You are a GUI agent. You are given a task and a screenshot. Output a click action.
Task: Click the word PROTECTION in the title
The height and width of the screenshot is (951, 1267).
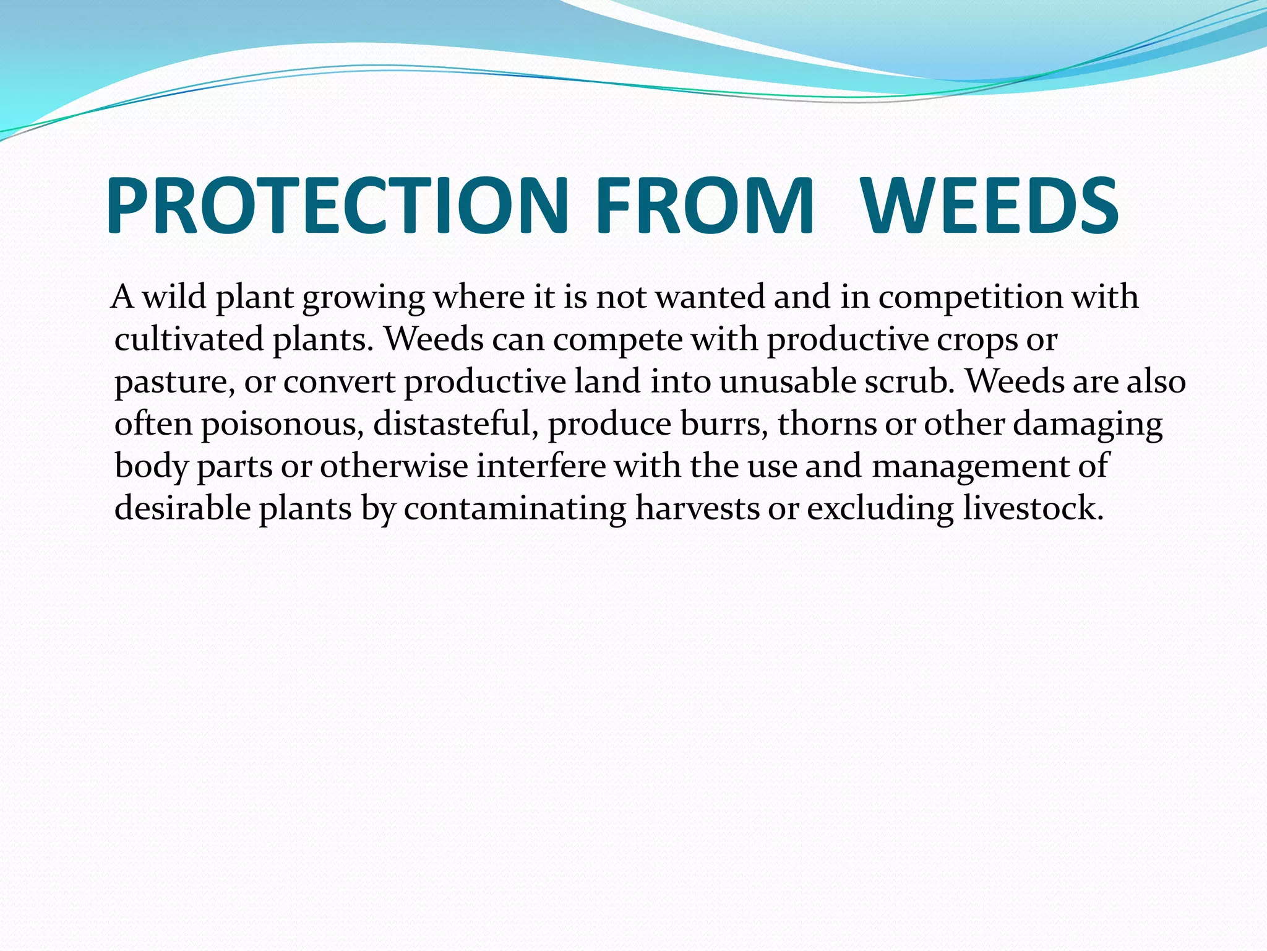tap(337, 206)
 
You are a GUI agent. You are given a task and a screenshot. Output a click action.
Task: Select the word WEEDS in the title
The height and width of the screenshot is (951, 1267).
tap(990, 206)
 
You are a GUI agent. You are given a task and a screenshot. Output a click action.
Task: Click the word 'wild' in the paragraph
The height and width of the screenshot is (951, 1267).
tap(174, 297)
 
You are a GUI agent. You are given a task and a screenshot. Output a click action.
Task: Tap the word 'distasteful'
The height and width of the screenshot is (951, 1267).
tap(455, 423)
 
